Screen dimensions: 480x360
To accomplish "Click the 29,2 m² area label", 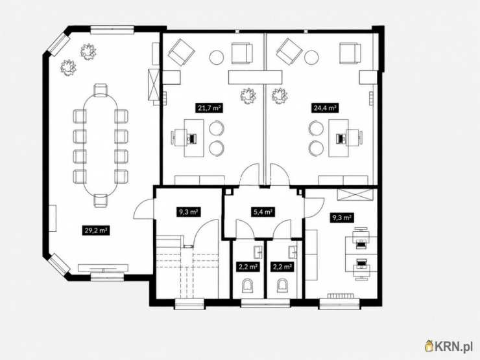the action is click(96, 231).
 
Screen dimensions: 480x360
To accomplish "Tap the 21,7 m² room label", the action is click(209, 108).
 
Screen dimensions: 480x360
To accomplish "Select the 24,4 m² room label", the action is click(325, 107).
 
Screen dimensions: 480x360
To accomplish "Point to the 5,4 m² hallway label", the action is click(263, 212).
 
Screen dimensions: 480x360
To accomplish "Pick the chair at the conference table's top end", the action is click(101, 90).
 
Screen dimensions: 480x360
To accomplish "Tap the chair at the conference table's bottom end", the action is click(101, 201).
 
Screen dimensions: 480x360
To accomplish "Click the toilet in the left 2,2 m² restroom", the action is click(248, 286).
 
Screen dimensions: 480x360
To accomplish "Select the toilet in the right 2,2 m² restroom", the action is click(283, 286).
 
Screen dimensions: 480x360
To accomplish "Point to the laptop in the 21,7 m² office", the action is click(192, 139).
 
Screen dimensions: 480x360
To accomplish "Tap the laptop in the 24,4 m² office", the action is click(341, 138).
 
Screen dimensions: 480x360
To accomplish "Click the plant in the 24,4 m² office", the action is click(280, 96).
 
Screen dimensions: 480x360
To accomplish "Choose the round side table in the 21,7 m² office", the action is click(217, 57).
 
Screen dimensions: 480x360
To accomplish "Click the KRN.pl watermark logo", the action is click(449, 346).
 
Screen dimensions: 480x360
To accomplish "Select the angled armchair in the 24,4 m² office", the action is click(289, 51).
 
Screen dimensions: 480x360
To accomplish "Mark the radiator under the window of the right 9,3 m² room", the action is click(341, 296).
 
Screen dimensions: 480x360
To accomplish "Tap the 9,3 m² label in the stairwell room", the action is click(188, 212).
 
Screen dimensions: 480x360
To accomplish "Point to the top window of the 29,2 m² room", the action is click(112, 30).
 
